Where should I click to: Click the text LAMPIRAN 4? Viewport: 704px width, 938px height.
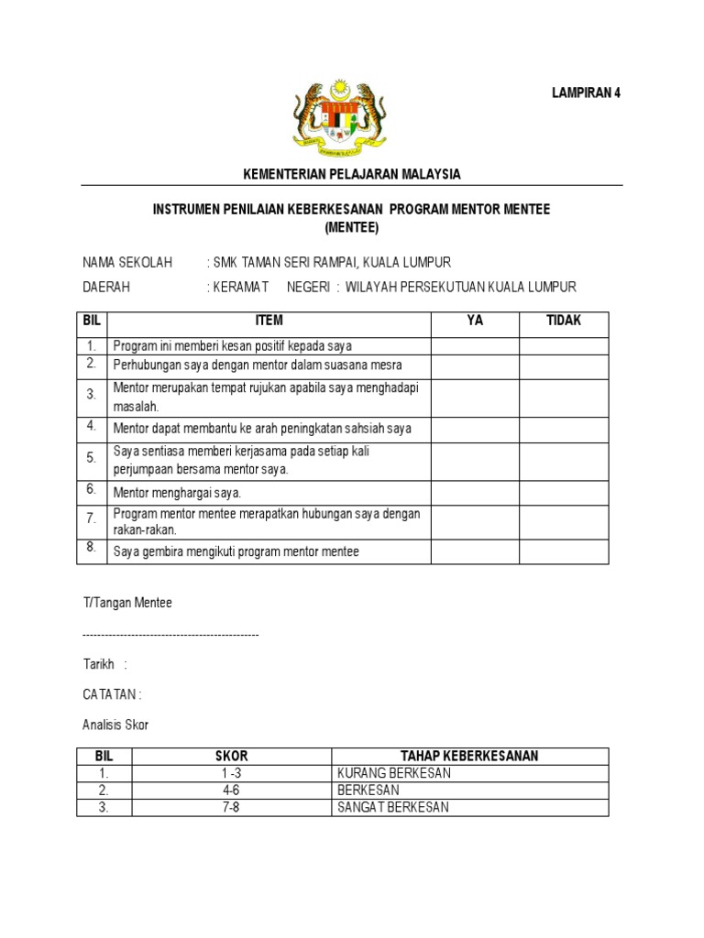pyautogui.click(x=586, y=93)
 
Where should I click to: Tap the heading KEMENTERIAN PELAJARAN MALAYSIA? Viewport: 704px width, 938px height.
pyautogui.click(x=351, y=174)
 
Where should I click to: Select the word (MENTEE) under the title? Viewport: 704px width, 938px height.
pyautogui.click(x=351, y=227)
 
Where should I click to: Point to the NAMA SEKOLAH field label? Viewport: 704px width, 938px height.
pyautogui.click(x=127, y=263)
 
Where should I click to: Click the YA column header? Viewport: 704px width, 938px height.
pyautogui.click(x=475, y=321)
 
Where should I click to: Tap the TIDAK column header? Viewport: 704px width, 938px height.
pyautogui.click(x=564, y=321)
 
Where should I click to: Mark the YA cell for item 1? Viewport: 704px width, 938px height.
pyautogui.click(x=475, y=345)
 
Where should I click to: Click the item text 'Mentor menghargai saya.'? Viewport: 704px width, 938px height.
pyautogui.click(x=177, y=492)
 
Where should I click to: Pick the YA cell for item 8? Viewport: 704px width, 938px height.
pyautogui.click(x=475, y=551)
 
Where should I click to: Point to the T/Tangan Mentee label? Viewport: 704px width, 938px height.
pyautogui.click(x=127, y=603)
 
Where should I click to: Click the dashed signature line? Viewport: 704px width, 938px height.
pyautogui.click(x=170, y=634)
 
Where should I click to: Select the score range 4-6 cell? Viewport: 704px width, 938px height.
pyautogui.click(x=232, y=790)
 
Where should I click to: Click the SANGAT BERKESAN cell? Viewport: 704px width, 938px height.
pyautogui.click(x=394, y=807)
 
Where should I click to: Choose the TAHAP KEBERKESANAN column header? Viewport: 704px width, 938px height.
pyautogui.click(x=469, y=756)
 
